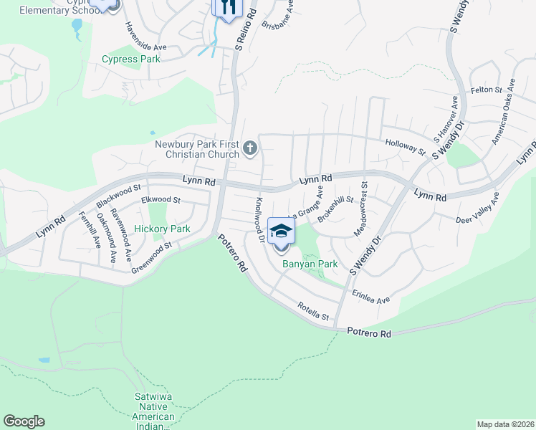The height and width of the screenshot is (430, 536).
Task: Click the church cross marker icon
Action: click(x=250, y=149)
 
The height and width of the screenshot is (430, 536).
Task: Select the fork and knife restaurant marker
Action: click(x=227, y=8)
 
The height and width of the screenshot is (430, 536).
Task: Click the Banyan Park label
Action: click(x=310, y=264)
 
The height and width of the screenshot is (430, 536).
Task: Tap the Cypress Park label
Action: click(x=131, y=59)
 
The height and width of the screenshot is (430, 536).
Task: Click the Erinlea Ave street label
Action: click(x=370, y=296)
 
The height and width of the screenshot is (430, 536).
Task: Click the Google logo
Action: click(x=24, y=421)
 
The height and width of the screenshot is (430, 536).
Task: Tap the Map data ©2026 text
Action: click(x=505, y=424)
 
